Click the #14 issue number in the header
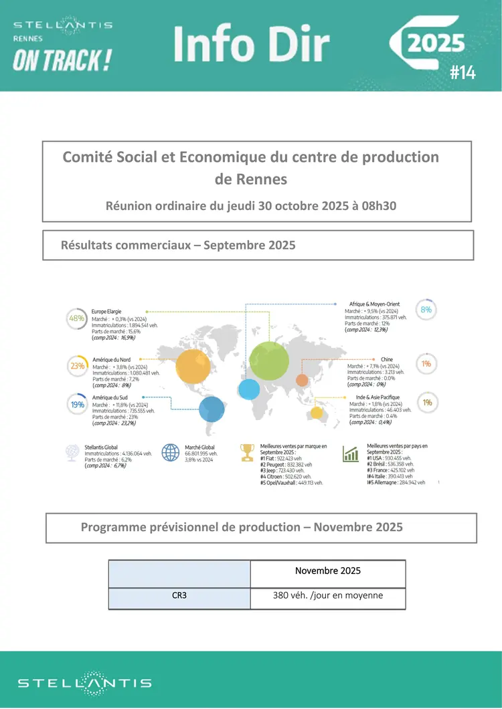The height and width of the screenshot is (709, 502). [463, 73]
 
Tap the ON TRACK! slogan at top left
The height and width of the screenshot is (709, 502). [62, 61]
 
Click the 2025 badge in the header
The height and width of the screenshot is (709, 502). [436, 43]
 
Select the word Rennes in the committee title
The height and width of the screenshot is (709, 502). [251, 179]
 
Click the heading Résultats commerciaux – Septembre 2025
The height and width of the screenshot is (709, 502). [178, 245]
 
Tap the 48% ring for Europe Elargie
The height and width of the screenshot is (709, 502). [77, 319]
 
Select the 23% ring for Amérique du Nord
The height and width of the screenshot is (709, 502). [77, 366]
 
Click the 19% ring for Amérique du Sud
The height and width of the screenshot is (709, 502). [77, 405]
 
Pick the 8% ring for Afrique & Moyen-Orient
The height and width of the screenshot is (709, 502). [426, 310]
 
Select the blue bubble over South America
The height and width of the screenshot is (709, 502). [212, 409]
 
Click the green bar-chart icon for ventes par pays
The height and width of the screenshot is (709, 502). [350, 454]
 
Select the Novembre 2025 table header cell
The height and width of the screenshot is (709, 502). [328, 571]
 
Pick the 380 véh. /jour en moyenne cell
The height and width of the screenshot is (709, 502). [328, 595]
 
